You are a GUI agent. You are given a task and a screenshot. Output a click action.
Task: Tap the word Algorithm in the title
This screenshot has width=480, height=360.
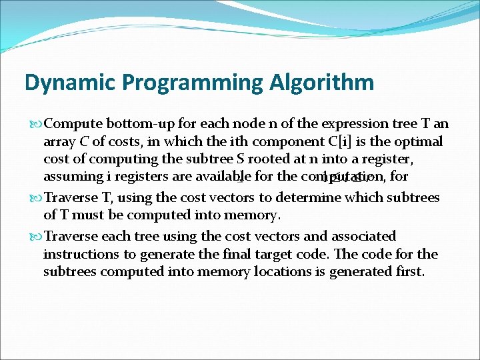click(322, 83)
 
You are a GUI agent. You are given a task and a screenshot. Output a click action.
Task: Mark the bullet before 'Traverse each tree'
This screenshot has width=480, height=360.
click(36, 237)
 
